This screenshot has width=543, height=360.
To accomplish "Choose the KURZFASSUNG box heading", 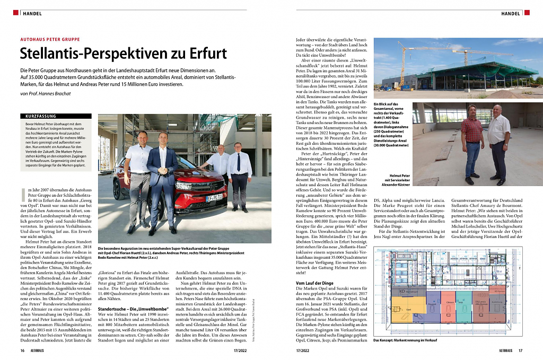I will (x=40, y=116).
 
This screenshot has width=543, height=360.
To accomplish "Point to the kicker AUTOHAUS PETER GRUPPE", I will (x=50, y=39).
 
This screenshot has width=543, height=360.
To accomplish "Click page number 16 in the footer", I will (x=23, y=350).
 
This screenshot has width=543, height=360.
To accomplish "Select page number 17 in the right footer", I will (x=520, y=350).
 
